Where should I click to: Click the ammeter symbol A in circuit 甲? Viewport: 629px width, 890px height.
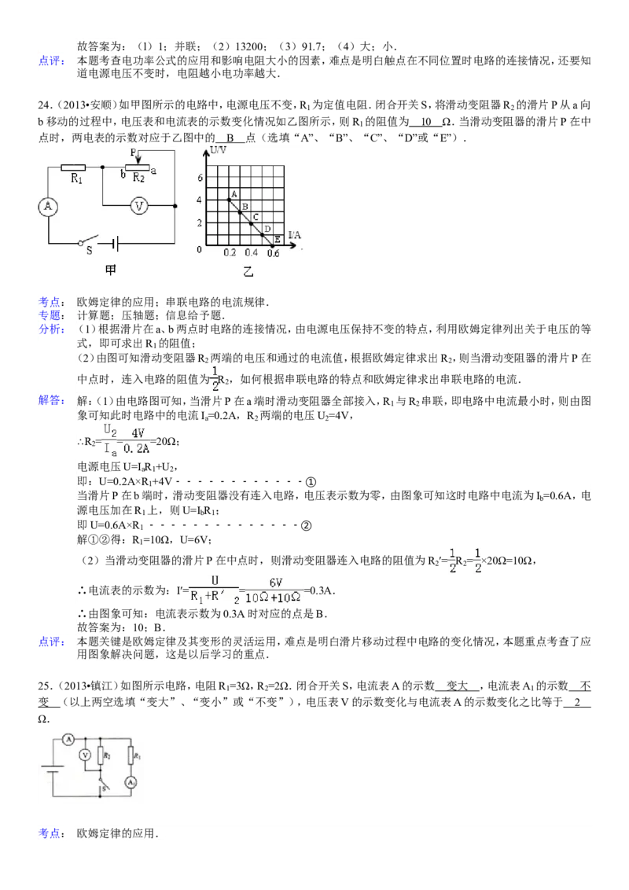tap(48, 206)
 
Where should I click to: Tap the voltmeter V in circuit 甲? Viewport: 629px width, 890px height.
tap(139, 206)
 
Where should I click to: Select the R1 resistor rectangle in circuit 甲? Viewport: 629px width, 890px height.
tap(72, 167)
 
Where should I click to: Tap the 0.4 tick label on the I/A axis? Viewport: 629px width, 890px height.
tap(251, 252)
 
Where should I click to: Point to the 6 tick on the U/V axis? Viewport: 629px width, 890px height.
tap(200, 178)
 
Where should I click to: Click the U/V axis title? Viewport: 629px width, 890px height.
tap(218, 150)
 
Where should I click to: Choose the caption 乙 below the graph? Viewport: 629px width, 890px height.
tap(248, 273)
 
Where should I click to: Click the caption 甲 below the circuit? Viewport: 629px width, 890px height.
tap(111, 270)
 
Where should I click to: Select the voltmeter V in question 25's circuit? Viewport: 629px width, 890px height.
tap(85, 755)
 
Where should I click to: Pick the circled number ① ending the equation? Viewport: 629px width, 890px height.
tap(311, 483)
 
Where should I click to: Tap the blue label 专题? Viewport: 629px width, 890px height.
tap(52, 315)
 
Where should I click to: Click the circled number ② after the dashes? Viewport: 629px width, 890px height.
tap(306, 526)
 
